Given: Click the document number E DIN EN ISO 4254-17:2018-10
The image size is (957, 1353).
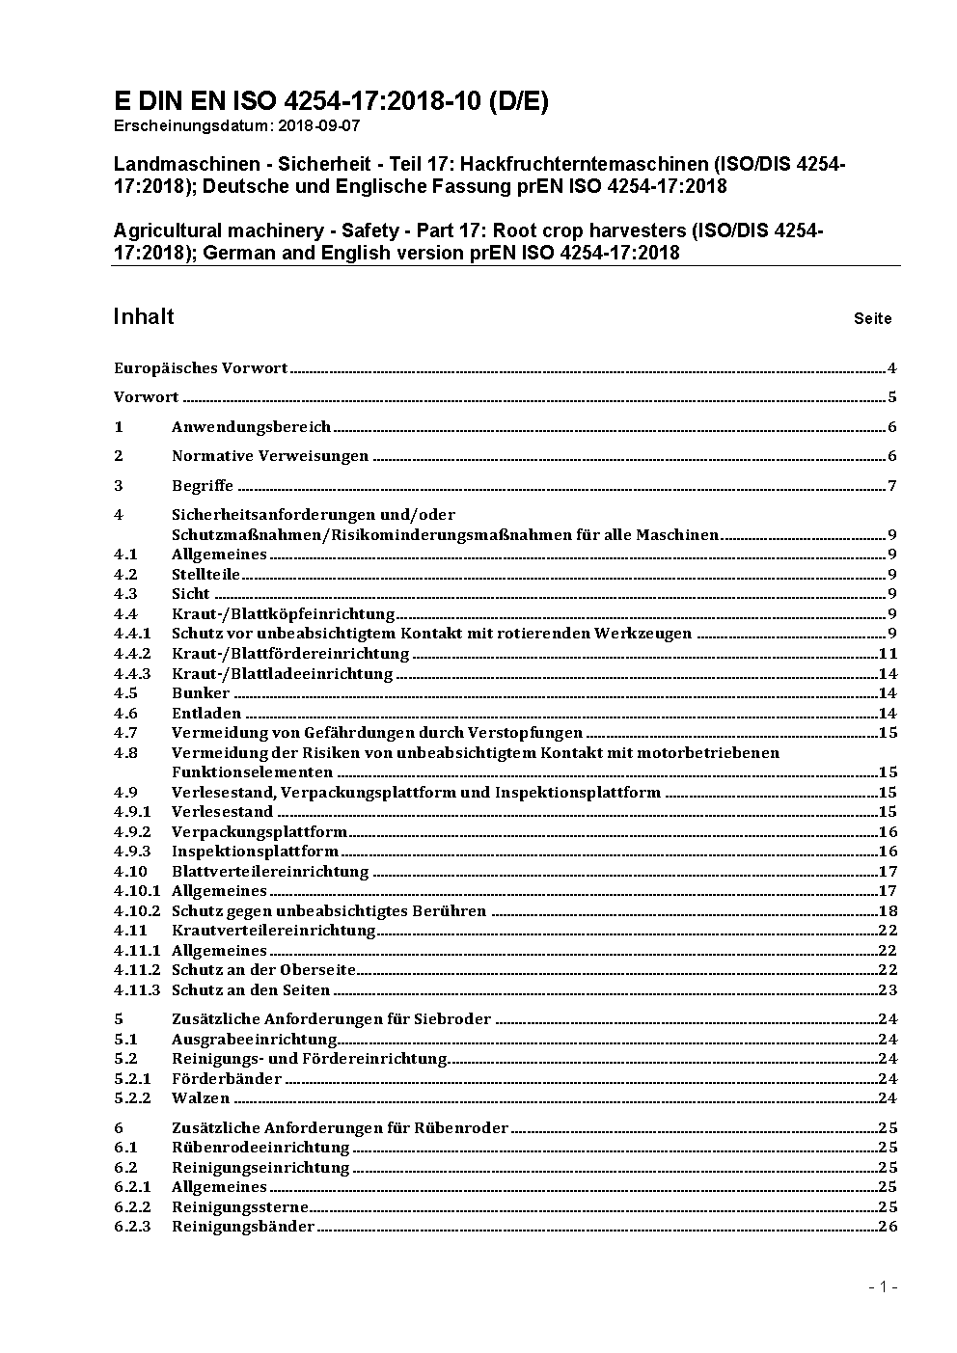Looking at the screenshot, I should point(331,102).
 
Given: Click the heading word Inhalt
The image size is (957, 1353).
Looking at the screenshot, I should point(144,317).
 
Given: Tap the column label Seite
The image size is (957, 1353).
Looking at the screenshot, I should point(872,318).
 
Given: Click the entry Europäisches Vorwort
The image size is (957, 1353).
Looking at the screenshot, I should point(201,368).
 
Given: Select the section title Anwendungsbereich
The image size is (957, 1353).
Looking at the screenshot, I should point(251,427).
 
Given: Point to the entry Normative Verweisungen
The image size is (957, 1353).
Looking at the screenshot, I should point(270,456).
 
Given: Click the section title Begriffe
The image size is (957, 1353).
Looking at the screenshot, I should point(203,486).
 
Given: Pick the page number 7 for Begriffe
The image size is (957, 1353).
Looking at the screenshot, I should point(892,486).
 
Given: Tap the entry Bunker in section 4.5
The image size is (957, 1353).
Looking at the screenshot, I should point(201,693).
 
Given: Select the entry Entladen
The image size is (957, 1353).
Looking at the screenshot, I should point(206,714).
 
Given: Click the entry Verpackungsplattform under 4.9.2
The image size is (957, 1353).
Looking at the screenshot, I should point(260,832).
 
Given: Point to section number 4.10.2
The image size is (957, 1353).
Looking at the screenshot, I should point(137,911).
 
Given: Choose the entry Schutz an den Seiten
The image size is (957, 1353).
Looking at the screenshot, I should point(251,990).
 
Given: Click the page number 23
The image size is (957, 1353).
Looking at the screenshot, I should point(888,990).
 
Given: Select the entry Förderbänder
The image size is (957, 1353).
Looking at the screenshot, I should point(227,1079).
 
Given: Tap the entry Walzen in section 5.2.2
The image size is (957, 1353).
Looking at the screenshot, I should point(201,1098).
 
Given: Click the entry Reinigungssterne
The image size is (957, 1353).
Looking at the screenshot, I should point(240,1207).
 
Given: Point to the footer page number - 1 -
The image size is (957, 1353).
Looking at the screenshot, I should point(883,1286).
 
